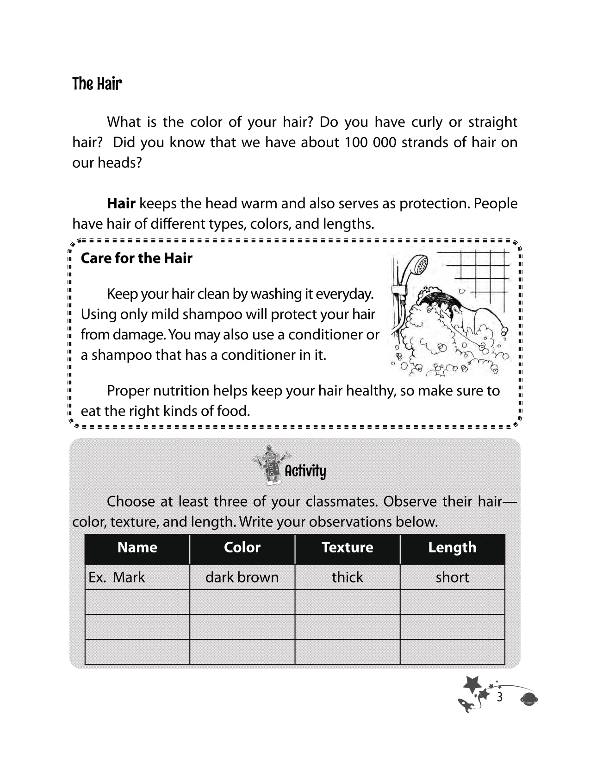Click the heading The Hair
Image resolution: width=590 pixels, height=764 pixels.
(97, 84)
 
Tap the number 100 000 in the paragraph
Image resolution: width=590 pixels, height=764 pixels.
(370, 142)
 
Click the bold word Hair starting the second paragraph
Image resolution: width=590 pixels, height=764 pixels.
(121, 203)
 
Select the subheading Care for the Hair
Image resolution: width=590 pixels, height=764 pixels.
(137, 258)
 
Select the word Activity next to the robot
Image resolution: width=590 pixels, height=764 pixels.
(305, 471)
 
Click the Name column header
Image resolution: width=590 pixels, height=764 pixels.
(137, 547)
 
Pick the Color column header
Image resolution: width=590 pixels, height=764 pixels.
(242, 547)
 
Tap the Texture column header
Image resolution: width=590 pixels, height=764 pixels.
(347, 547)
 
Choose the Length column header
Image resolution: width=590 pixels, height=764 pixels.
(452, 547)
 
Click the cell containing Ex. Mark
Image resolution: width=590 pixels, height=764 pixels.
(137, 577)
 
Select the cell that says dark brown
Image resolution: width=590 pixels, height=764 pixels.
(242, 577)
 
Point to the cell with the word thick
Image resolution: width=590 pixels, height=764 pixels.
(347, 577)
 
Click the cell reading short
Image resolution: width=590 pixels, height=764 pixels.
(452, 577)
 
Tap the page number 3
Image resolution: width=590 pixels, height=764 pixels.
(499, 697)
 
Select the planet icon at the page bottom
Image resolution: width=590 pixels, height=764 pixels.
(529, 699)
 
